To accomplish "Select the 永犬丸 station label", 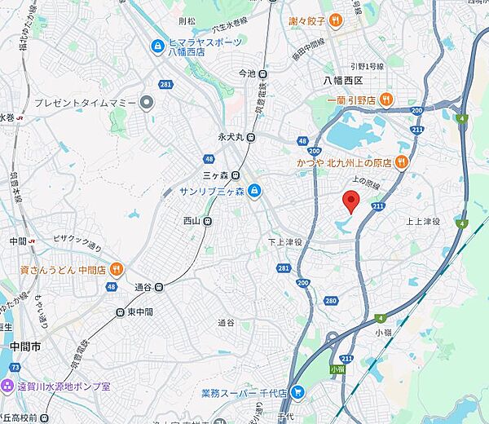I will (231, 137).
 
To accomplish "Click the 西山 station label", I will (192, 220).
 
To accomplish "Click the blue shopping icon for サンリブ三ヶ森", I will (254, 191).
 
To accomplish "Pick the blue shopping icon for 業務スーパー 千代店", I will (297, 393).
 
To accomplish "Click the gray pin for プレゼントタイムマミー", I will (147, 103).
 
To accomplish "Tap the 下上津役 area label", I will (285, 242).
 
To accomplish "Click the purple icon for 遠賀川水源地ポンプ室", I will (7, 386).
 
